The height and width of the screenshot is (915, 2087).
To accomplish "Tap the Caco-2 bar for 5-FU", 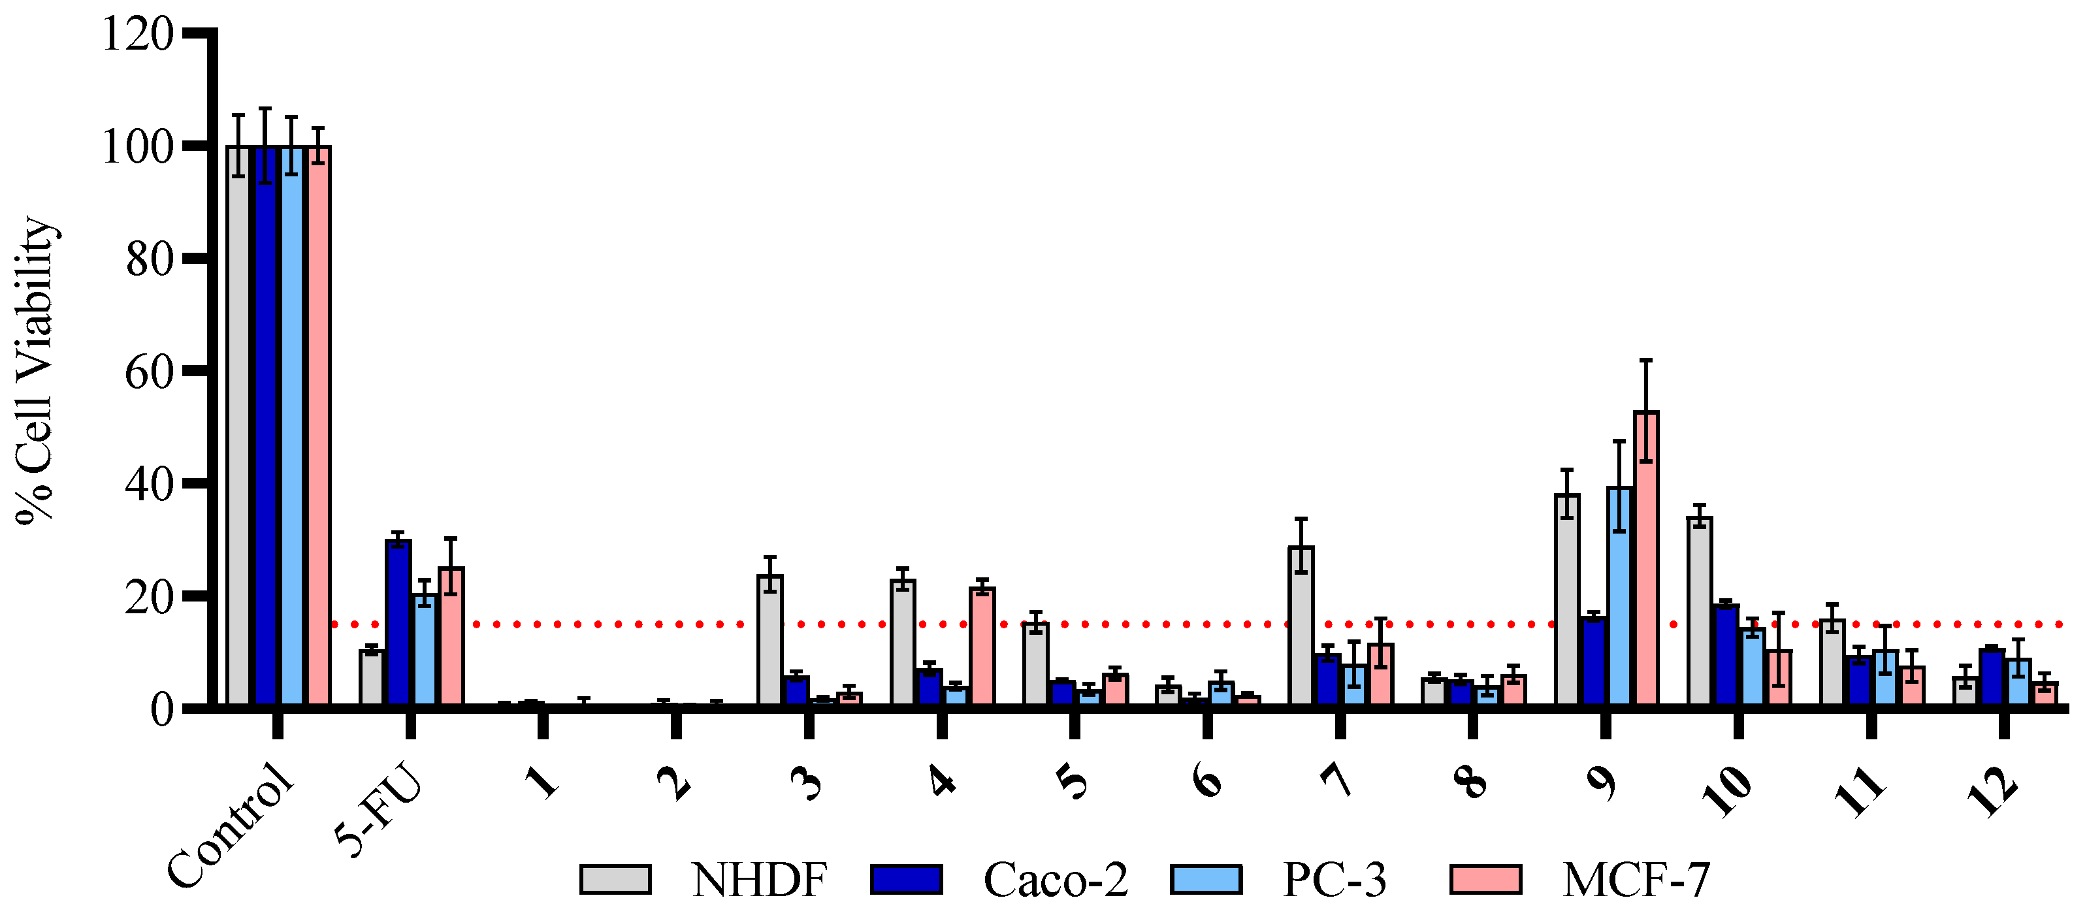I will pos(398,624).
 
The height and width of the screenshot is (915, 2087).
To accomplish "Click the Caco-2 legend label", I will pos(1055,879).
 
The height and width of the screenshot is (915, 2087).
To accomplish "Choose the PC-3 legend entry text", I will pos(1335,879).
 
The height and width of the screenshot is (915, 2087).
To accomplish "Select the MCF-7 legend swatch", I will pos(1485,879).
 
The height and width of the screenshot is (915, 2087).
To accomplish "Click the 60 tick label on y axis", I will pos(149,372).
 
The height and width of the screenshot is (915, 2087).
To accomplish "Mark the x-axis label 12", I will pos(1992,789).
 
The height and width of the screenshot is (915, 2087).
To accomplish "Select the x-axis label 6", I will pos(1206,780).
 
